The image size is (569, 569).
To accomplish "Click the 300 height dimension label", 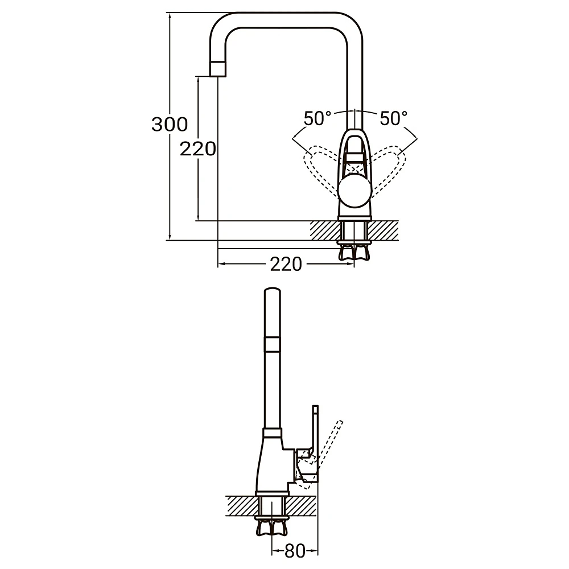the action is coord(170,125).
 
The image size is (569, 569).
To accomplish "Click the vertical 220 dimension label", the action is coord(198,149).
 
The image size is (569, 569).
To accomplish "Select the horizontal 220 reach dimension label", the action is coord(286,264).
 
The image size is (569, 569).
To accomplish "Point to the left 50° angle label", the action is coord(318,118).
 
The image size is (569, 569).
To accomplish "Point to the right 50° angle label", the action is coord(394,118).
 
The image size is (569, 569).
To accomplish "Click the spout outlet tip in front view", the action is coord(218,69).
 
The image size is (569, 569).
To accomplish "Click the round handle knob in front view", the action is coord(354,191).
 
